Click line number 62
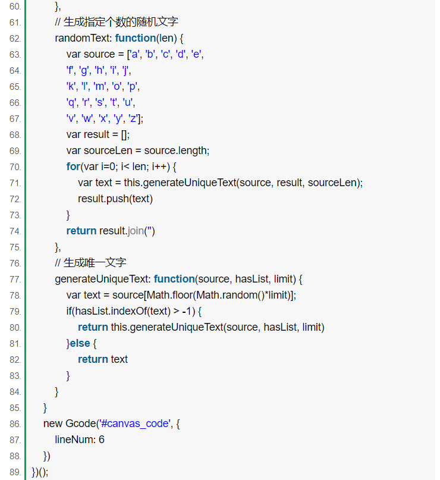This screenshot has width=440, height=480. [x=15, y=39]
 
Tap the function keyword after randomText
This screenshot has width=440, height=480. [x=136, y=38]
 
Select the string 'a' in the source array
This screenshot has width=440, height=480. [x=134, y=54]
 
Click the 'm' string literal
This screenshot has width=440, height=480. [x=100, y=86]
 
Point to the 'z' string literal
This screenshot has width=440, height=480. [x=133, y=118]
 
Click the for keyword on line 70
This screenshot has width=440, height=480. [x=74, y=167]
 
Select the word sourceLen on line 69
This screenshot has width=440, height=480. [x=108, y=150]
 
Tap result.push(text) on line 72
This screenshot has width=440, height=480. [x=115, y=199]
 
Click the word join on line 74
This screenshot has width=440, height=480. [x=136, y=231]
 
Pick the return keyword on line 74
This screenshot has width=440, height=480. [x=81, y=231]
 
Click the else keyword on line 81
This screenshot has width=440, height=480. [x=80, y=343]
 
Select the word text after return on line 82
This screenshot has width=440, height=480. [x=120, y=359]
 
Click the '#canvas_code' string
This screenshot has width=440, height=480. [x=134, y=423]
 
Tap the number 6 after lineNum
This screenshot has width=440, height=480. [x=102, y=440]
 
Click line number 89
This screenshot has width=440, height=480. [x=15, y=472]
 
